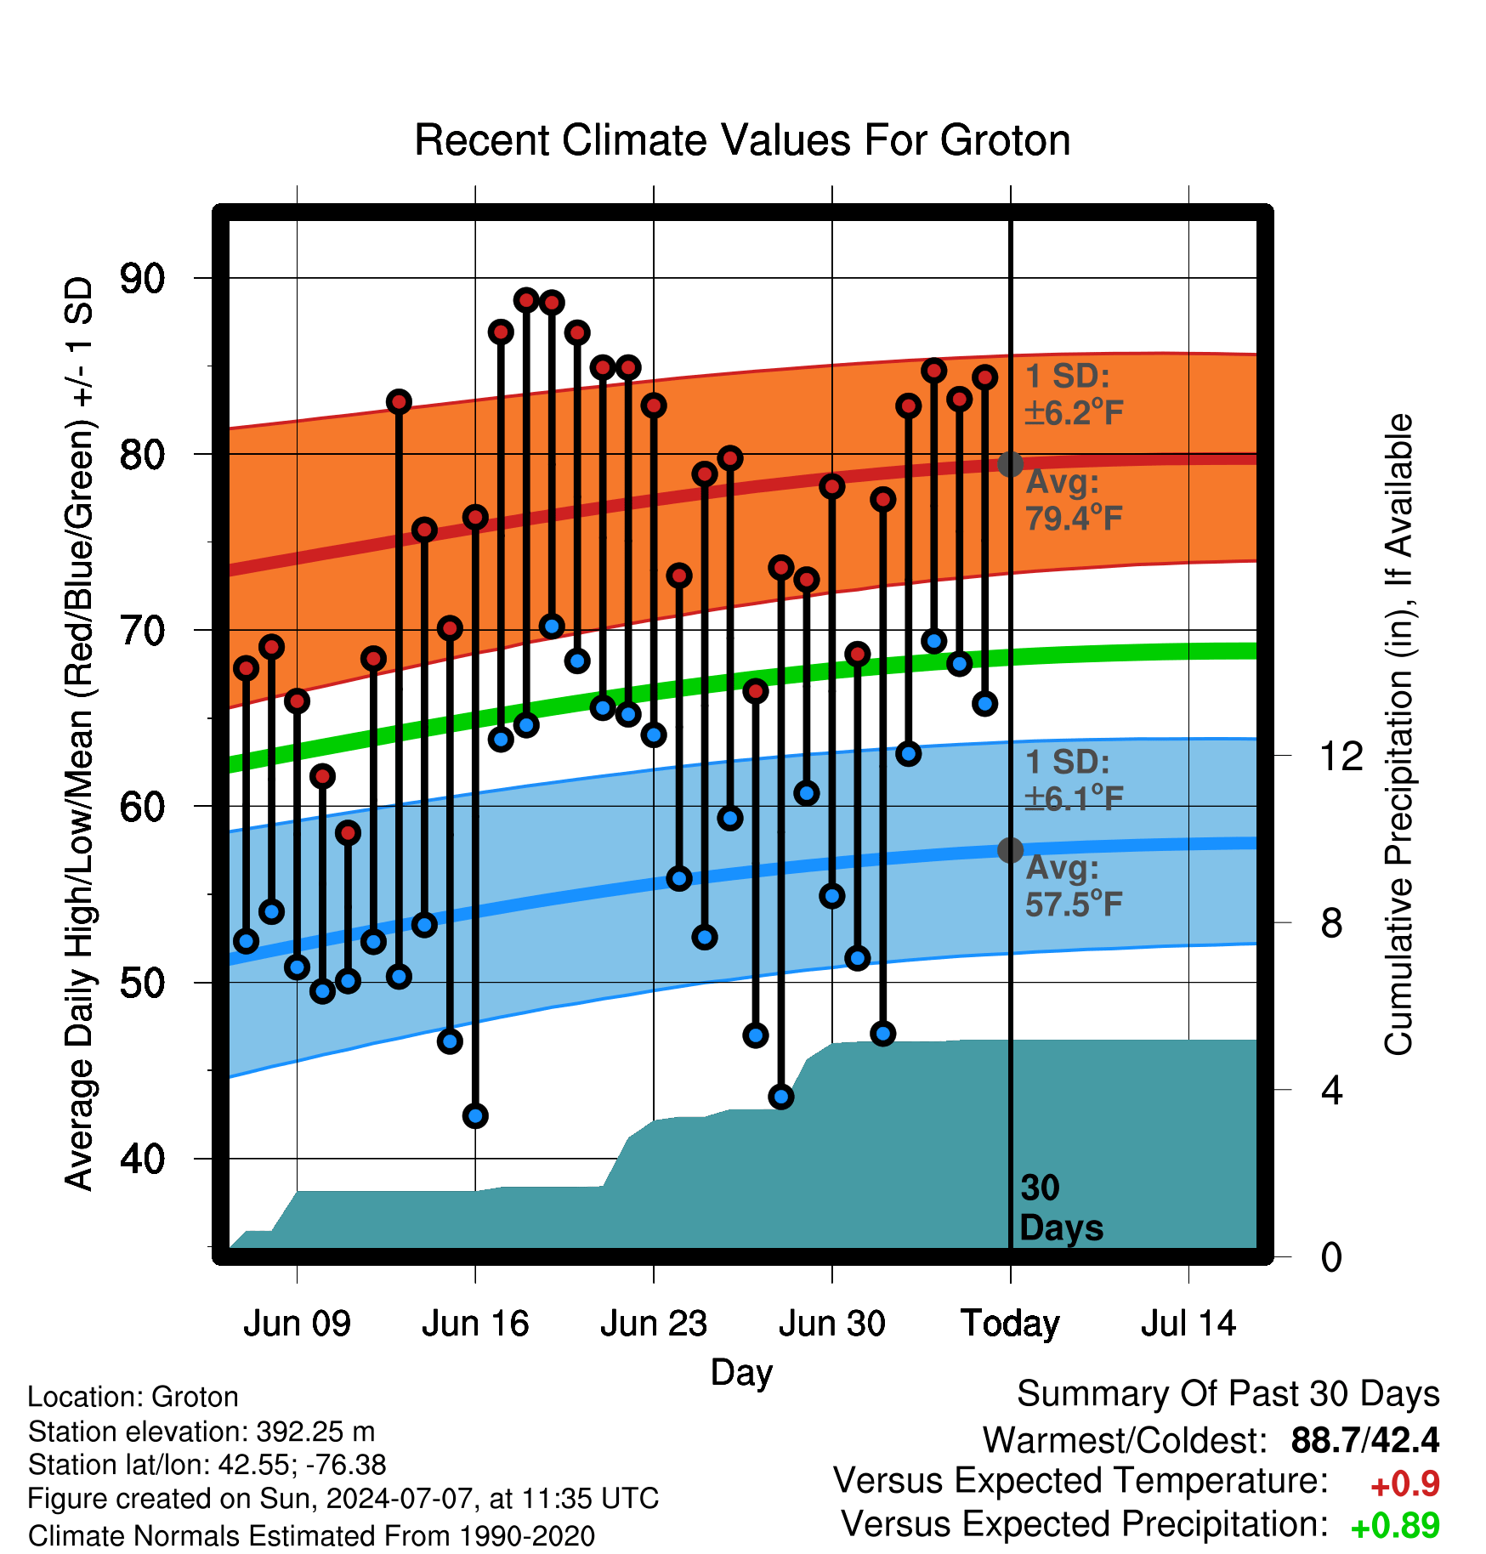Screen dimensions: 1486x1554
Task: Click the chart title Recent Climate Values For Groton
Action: [742, 140]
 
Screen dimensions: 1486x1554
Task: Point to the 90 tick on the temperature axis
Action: [142, 279]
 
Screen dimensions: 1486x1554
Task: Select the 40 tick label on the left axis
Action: [142, 1159]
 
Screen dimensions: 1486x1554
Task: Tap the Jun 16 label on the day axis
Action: [475, 1324]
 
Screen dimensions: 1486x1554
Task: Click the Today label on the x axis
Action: [1010, 1324]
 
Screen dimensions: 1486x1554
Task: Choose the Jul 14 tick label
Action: [1188, 1324]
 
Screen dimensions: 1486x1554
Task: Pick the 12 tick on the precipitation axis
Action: [1341, 756]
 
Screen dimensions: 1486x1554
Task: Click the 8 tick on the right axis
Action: [1332, 922]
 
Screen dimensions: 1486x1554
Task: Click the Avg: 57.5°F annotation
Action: [1074, 886]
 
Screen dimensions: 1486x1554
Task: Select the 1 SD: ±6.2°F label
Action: [1074, 394]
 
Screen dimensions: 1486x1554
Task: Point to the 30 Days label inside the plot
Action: [1061, 1208]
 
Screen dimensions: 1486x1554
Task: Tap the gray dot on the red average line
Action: [1010, 464]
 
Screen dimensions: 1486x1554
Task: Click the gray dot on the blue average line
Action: [1010, 850]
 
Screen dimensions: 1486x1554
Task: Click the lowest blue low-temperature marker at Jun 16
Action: [475, 1116]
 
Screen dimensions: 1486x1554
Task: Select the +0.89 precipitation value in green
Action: [1395, 1526]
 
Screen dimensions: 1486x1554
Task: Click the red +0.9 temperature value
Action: [1405, 1484]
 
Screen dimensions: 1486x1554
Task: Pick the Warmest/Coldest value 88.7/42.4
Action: [1365, 1440]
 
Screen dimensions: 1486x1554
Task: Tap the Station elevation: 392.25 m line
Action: [201, 1432]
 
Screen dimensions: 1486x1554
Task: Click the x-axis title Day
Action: [742, 1373]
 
